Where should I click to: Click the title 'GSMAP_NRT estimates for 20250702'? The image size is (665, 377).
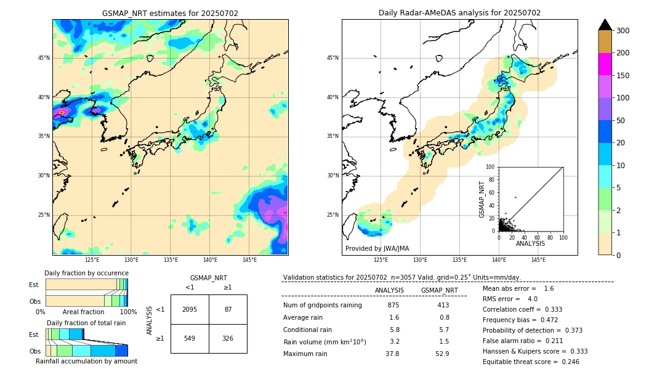[170, 13]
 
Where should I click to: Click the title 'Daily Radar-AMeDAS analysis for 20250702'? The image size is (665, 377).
[459, 13]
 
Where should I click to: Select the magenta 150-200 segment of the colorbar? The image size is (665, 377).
[605, 64]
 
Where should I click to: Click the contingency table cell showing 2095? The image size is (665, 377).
[190, 309]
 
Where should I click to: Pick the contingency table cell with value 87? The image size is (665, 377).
[228, 309]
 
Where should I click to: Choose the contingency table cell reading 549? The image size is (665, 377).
[190, 339]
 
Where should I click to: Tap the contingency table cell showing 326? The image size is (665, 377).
[228, 339]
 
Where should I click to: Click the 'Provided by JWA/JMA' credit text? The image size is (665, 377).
[377, 249]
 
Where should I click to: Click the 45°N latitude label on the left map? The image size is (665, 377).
[44, 58]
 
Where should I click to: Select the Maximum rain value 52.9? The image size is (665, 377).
[441, 354]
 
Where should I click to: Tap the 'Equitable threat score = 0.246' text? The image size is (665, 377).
[531, 362]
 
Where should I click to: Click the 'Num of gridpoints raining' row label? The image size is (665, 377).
[322, 306]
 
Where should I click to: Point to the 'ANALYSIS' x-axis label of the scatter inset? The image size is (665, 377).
[530, 244]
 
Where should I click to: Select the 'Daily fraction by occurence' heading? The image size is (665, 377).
[86, 274]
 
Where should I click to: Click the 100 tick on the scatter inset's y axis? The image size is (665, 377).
[491, 167]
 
